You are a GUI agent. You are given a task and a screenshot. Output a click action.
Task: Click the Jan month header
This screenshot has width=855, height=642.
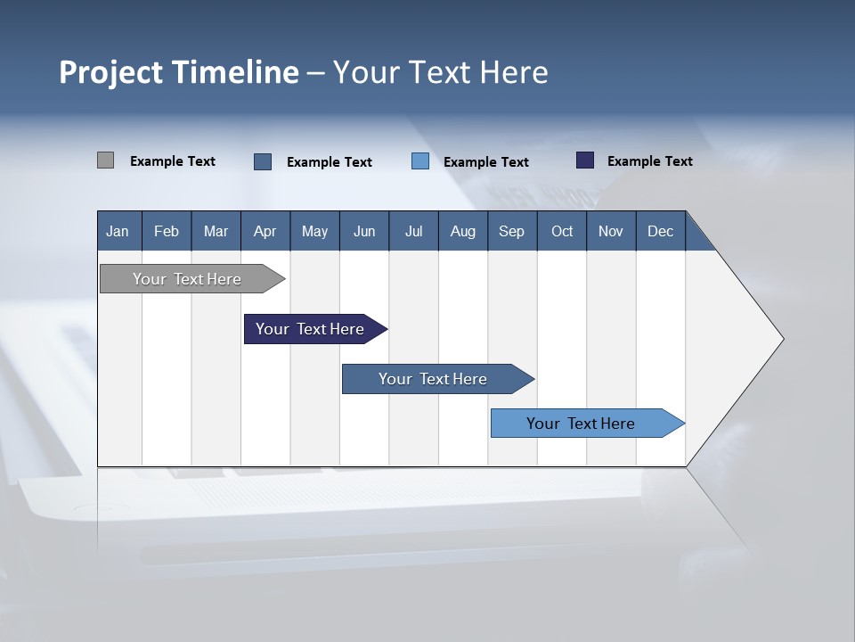(x=118, y=231)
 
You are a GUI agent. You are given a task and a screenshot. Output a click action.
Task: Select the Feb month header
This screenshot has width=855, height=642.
(x=167, y=231)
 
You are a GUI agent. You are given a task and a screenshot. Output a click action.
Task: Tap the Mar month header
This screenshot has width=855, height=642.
(x=216, y=231)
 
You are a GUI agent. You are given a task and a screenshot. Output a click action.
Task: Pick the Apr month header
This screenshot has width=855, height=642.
(x=265, y=231)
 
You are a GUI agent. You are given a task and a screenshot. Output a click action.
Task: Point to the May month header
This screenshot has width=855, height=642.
(x=314, y=231)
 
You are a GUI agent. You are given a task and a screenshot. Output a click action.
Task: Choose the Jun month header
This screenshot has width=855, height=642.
(x=364, y=231)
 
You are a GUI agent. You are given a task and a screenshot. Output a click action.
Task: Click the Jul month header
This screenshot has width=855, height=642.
(x=413, y=231)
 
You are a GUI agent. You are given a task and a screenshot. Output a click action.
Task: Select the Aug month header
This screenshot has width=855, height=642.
(x=463, y=231)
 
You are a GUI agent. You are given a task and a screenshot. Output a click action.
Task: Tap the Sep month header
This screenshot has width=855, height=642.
(x=512, y=231)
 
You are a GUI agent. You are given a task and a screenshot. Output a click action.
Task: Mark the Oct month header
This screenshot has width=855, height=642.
(x=562, y=231)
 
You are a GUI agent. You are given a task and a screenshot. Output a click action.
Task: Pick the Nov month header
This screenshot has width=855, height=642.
(x=611, y=231)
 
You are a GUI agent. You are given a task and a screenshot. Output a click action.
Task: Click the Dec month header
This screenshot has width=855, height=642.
(x=661, y=231)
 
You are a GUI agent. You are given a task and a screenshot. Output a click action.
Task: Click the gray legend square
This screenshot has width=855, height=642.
(x=105, y=160)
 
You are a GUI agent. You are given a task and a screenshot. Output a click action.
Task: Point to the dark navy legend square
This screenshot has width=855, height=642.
(x=585, y=160)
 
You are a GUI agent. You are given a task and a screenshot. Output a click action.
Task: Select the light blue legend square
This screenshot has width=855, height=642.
(x=420, y=161)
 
